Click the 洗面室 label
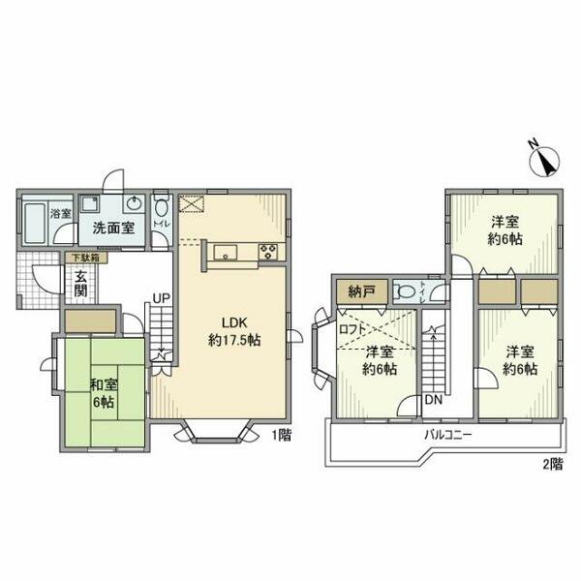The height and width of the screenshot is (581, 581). [112, 229]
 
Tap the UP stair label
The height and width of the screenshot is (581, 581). [160, 298]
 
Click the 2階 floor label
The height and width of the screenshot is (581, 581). [552, 464]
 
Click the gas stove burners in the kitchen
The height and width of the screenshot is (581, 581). [268, 253]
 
